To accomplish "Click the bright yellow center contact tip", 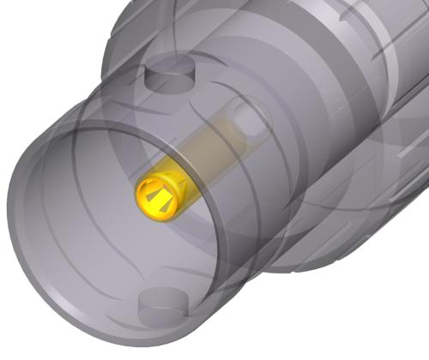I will (160, 194).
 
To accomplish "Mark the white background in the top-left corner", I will (26, 26).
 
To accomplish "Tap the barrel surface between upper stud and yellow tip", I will (172, 129).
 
